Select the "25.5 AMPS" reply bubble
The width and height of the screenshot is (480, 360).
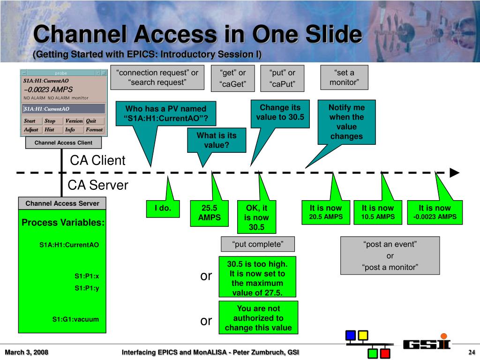pos(209,213)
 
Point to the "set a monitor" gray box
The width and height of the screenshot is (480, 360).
pos(344,78)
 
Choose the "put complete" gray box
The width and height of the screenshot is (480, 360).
pos(258,244)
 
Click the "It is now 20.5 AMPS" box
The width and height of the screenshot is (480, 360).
pos(326,212)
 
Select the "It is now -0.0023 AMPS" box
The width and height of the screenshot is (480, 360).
pos(435,212)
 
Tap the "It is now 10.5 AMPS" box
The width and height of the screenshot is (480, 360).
pos(378,212)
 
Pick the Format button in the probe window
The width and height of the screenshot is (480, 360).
pos(94,130)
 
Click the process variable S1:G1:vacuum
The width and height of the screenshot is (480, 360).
pos(75,319)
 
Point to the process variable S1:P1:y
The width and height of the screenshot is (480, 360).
pos(87,288)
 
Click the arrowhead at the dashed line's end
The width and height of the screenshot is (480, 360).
pos(454,172)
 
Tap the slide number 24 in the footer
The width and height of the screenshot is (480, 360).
pos(472,352)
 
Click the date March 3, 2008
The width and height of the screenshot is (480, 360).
pos(27,352)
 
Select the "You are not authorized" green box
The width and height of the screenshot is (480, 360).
pos(258,318)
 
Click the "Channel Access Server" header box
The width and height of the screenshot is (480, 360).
pos(62,203)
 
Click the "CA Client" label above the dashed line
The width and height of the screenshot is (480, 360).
pos(97,161)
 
